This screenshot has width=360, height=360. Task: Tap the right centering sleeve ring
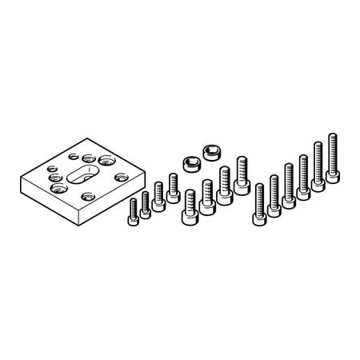tap(212, 151)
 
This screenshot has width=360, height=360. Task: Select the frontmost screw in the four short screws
tap(134, 213)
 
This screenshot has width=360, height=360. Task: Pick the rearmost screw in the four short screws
tap(173, 188)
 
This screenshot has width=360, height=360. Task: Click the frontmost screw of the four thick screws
tap(190, 203)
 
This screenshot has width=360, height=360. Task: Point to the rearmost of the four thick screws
tap(242, 175)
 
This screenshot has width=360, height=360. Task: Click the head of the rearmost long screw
tap(332, 176)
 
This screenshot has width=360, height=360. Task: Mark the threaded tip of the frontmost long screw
tap(259, 188)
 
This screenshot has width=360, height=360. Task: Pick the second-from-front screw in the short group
tap(146, 204)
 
